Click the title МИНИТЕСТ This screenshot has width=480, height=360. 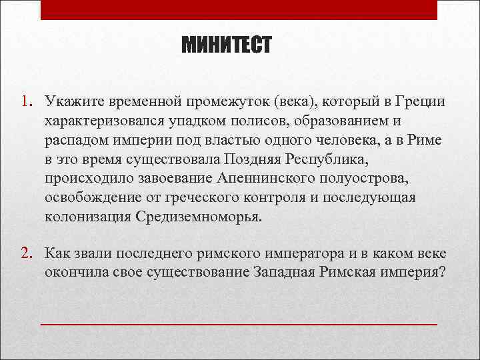pos(227,46)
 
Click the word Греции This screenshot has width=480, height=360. pos(419,102)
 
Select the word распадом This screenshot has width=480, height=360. pos(74,141)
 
